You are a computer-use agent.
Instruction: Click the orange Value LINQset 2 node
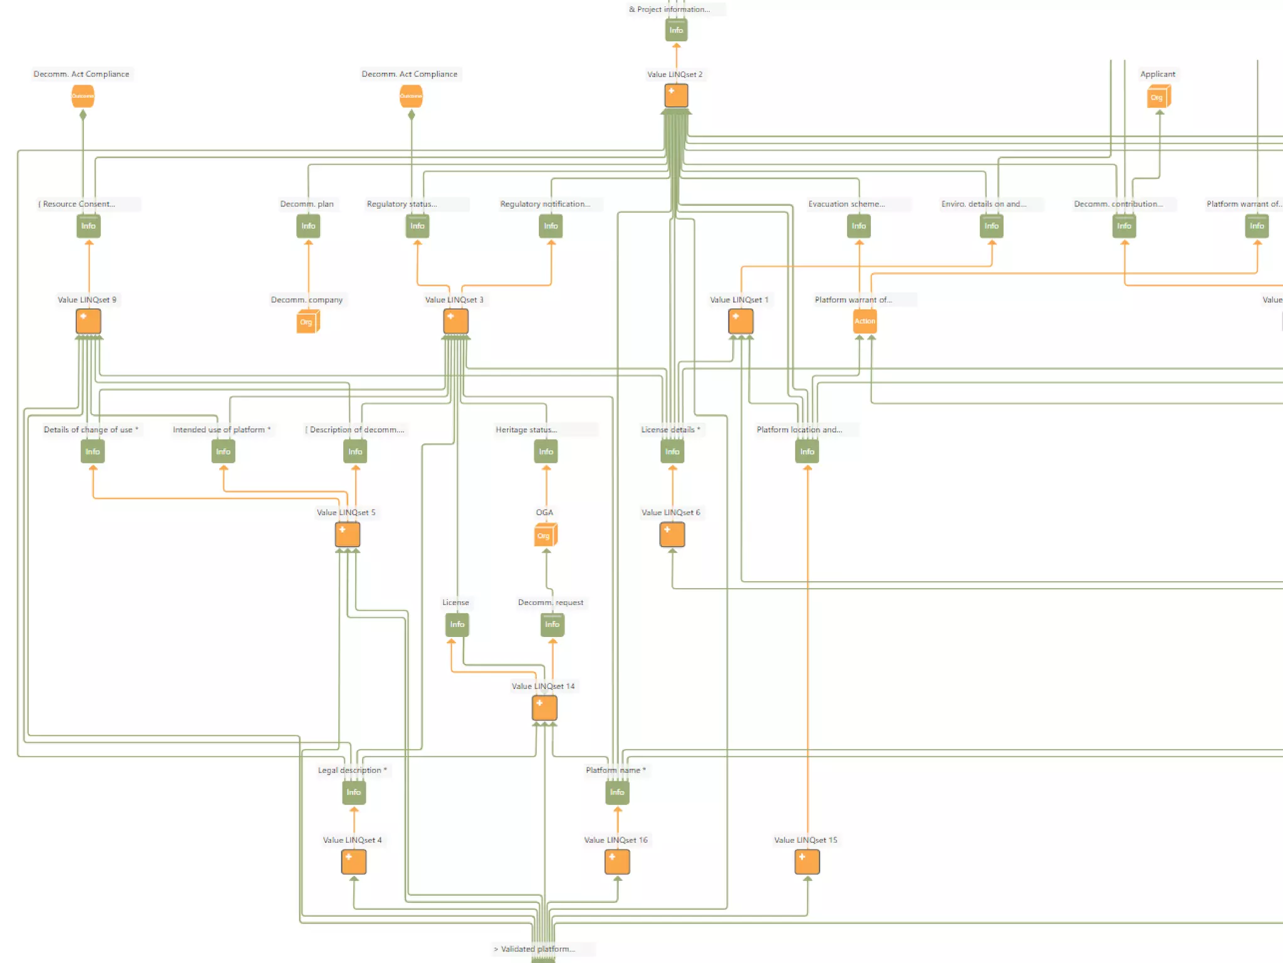(676, 96)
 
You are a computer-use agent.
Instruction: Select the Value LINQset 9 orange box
(88, 322)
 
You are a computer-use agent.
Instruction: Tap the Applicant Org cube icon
(1158, 97)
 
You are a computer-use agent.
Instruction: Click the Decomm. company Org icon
(308, 322)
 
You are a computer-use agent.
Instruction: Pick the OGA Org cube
(545, 535)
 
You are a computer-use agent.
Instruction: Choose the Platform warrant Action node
(865, 322)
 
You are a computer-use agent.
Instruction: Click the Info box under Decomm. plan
(308, 226)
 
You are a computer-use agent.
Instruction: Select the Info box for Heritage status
(546, 452)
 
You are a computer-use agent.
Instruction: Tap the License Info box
(457, 624)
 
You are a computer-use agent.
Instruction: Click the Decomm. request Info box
(552, 624)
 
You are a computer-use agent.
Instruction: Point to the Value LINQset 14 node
(544, 708)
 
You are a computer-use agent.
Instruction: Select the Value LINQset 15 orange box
(807, 862)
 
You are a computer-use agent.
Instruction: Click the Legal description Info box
(354, 792)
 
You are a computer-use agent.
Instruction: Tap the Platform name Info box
(617, 792)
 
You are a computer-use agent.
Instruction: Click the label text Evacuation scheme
(846, 204)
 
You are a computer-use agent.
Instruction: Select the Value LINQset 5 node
(348, 535)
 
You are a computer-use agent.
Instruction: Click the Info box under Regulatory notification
(551, 226)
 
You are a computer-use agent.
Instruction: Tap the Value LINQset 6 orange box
(672, 535)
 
